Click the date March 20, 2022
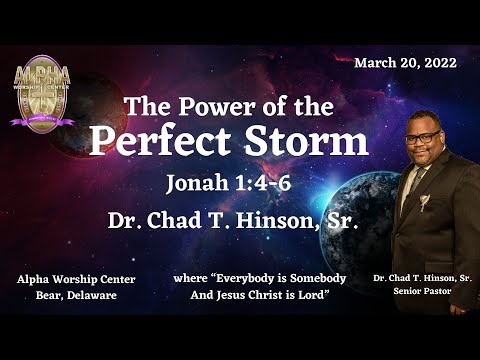click(x=405, y=62)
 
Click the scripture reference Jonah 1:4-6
click(x=229, y=183)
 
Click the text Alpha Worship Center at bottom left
click(x=76, y=279)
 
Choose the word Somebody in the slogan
click(x=326, y=279)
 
